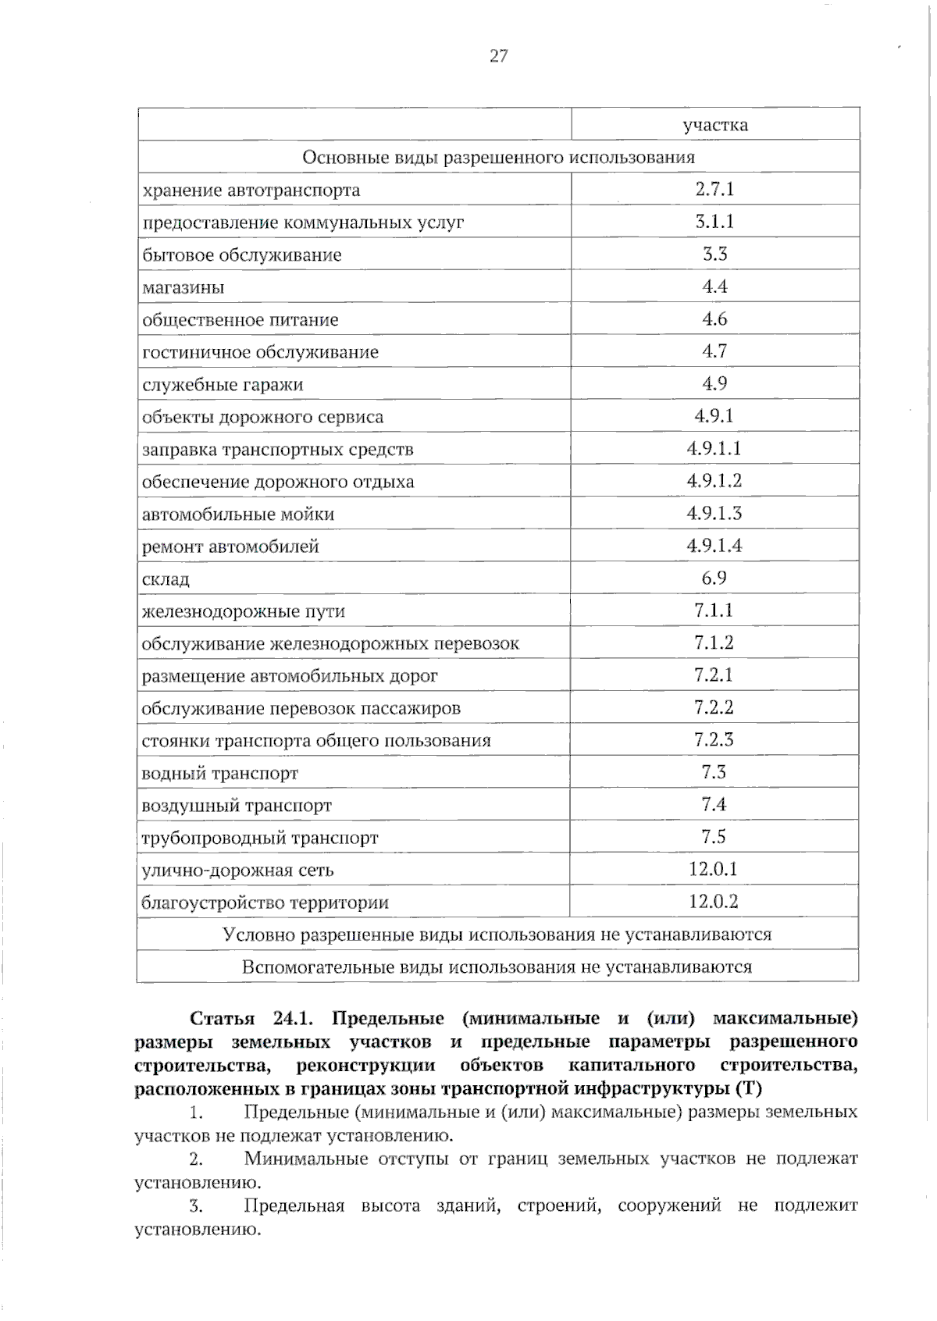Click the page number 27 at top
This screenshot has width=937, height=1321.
point(498,55)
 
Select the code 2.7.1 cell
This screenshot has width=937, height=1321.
point(714,189)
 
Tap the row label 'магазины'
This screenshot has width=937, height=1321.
point(183,287)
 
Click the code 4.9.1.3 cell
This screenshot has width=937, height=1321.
point(714,513)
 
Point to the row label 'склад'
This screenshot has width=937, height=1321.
point(166,579)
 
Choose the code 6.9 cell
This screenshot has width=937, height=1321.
point(714,578)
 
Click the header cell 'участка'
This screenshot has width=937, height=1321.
point(714,125)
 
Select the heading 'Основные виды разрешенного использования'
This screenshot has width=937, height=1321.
point(498,157)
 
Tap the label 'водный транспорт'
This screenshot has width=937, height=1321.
point(219,774)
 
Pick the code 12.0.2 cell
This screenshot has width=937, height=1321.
point(714,902)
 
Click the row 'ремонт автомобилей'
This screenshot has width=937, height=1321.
point(230,547)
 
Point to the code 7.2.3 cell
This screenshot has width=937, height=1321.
point(714,739)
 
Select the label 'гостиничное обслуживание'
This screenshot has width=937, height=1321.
point(260,352)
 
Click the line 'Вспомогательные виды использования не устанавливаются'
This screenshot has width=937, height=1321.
point(497,967)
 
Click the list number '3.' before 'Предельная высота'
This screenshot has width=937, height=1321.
point(195,1206)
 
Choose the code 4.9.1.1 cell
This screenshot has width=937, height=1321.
point(714,448)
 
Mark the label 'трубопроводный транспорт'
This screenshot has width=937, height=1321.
point(259,839)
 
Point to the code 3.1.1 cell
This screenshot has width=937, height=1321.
point(714,222)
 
